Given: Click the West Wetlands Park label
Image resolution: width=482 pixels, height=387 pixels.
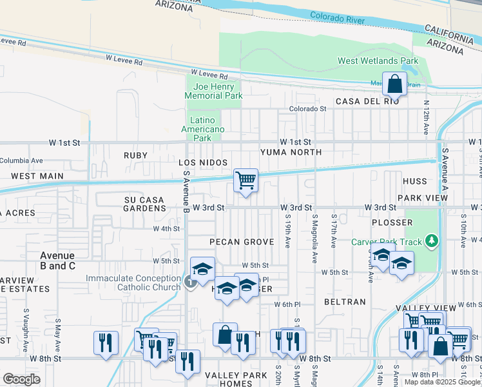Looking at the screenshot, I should pyautogui.click(x=378, y=61).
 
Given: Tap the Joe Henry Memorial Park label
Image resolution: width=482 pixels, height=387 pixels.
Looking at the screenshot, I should pyautogui.click(x=213, y=91).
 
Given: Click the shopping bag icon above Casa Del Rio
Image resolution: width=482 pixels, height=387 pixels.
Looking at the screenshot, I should pyautogui.click(x=394, y=84).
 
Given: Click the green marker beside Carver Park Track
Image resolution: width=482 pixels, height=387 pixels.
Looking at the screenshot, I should pyautogui.click(x=431, y=242).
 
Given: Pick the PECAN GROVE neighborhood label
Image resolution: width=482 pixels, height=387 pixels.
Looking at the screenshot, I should pyautogui.click(x=242, y=242).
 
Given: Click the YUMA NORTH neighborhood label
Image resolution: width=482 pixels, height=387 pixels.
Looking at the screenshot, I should pyautogui.click(x=291, y=152).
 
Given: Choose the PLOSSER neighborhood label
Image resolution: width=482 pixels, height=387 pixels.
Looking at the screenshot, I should pyautogui.click(x=392, y=223).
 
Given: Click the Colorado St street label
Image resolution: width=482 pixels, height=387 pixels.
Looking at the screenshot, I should pyautogui.click(x=308, y=109).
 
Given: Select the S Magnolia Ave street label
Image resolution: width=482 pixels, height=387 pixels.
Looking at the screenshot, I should pyautogui.click(x=315, y=230).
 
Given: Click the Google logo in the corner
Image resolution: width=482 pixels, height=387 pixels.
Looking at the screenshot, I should pyautogui.click(x=21, y=379).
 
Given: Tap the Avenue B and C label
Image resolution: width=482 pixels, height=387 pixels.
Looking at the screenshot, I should pyautogui.click(x=58, y=261).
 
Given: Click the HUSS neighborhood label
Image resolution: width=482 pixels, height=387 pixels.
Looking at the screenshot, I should pyautogui.click(x=414, y=182).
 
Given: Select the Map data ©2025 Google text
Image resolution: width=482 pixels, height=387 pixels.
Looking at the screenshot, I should pyautogui.click(x=443, y=382).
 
